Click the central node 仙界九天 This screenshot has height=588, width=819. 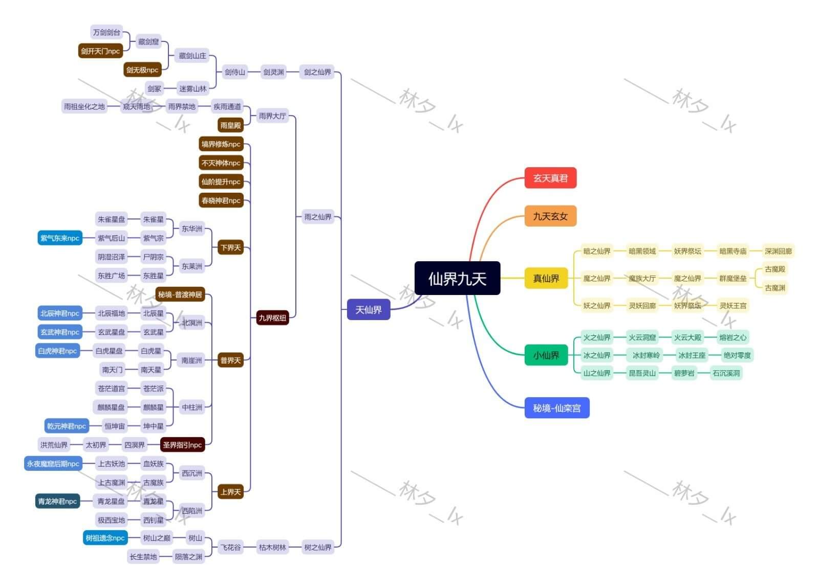457,279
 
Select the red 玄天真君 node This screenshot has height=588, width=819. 550,178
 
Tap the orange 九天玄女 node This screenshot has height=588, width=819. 550,216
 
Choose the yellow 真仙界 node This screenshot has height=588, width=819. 546,279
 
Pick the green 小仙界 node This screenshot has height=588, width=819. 546,355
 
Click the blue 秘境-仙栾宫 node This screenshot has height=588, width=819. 557,408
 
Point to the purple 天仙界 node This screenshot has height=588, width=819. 369,310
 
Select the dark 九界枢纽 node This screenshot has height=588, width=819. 272,318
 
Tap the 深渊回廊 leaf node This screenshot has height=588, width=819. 778,251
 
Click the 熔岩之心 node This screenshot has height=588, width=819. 732,337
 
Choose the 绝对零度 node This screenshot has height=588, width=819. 737,355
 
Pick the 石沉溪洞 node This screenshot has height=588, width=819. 726,373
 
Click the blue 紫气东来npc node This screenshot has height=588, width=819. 60,238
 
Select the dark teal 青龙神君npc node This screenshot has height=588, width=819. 57,502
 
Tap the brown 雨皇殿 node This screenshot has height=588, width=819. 230,125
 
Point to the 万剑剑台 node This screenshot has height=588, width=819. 106,33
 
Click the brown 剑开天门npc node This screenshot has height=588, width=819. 100,51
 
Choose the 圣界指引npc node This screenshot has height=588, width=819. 182,445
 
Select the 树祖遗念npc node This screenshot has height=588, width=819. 105,538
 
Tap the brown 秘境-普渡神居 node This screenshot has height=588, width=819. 180,295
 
